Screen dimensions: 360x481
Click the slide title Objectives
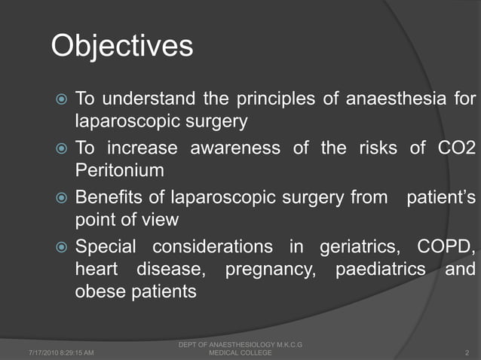click(121, 47)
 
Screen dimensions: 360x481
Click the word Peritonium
click(119, 170)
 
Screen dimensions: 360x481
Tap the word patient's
click(441, 198)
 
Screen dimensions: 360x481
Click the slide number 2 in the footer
click(468, 352)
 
